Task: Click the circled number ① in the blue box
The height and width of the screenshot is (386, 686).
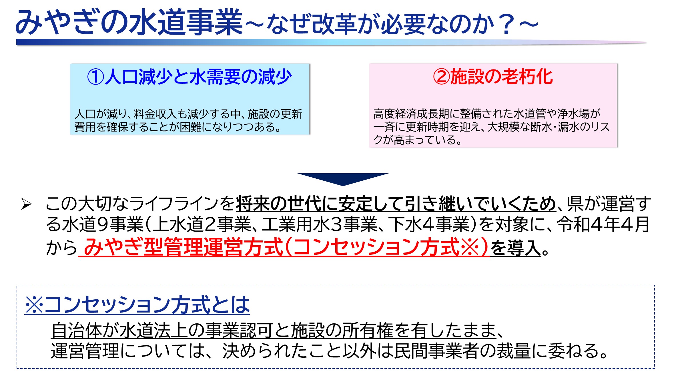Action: [95, 77]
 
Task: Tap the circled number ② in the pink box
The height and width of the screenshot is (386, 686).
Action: [442, 77]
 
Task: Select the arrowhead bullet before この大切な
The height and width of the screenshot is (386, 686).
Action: [26, 204]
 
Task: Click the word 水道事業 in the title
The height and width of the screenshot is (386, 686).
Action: [186, 22]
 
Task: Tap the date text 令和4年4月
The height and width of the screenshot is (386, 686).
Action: [603, 225]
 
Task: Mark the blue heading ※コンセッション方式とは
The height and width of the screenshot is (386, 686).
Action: [137, 305]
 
